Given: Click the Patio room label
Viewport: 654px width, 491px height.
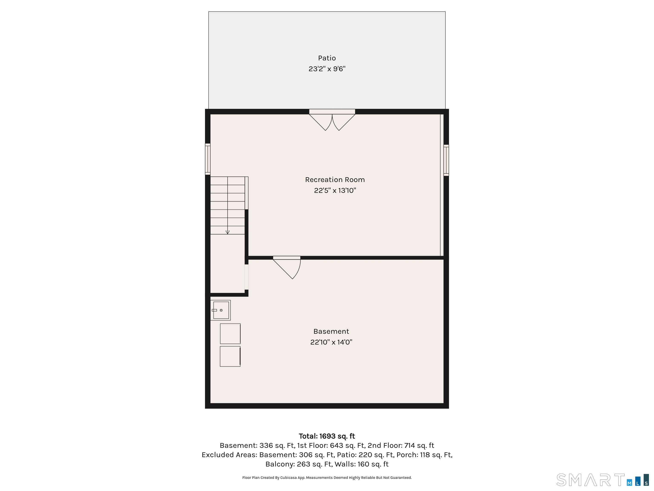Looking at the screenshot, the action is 327,58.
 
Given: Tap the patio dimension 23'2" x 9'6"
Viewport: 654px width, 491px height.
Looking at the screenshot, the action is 327,69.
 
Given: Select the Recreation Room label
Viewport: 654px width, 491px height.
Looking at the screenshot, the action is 335,180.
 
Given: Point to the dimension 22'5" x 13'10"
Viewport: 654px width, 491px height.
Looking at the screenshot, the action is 335,190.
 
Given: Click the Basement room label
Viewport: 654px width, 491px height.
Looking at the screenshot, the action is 331,331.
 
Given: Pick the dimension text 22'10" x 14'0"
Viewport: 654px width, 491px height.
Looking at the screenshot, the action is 331,342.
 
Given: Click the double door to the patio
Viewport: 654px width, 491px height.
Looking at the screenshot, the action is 332,120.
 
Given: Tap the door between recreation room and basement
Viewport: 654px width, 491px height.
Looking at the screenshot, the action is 287,267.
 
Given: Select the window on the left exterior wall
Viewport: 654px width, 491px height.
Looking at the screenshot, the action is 208,159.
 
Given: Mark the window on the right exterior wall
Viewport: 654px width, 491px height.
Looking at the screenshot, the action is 446,160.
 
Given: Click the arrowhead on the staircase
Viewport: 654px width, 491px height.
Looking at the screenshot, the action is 227,232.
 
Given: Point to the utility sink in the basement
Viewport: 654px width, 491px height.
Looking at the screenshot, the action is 221,310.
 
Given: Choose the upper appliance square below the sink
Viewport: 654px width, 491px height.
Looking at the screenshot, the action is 230,334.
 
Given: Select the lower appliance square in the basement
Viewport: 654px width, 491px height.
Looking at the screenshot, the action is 230,356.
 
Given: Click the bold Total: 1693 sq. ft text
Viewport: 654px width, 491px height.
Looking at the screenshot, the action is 327,436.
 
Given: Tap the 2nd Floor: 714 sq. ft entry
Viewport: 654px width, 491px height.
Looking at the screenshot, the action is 401,445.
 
